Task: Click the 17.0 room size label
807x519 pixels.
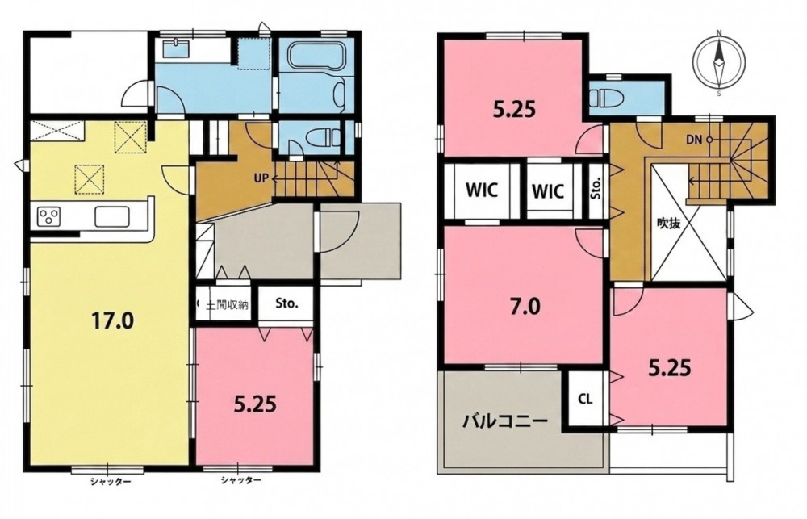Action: click(112, 321)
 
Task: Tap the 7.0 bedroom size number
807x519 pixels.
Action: click(524, 307)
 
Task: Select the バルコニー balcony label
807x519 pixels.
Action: click(504, 421)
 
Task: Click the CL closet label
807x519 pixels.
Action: click(584, 399)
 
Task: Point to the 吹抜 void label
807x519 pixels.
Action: click(668, 224)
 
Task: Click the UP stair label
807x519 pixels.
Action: click(261, 178)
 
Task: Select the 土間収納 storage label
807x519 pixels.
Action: click(227, 305)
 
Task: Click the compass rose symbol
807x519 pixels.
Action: click(719, 63)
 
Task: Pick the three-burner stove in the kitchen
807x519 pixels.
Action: click(48, 216)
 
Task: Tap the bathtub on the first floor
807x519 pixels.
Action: click(317, 57)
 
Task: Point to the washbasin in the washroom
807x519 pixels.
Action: click(177, 49)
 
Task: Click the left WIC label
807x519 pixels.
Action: click(482, 190)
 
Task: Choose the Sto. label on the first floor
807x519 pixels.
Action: click(286, 303)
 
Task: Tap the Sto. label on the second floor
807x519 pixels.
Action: click(597, 188)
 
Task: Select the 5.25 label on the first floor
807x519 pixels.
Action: click(255, 404)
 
